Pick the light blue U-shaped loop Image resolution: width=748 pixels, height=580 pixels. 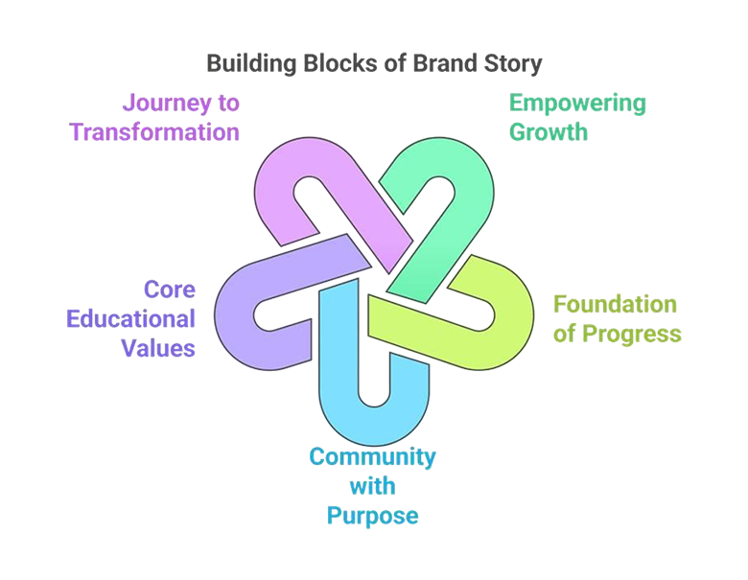click(369, 383)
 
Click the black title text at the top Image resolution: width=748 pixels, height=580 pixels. click(375, 63)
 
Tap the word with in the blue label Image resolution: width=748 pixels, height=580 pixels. click(373, 488)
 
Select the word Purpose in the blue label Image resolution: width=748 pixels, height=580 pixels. click(373, 519)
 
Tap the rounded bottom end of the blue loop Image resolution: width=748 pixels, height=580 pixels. click(370, 423)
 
